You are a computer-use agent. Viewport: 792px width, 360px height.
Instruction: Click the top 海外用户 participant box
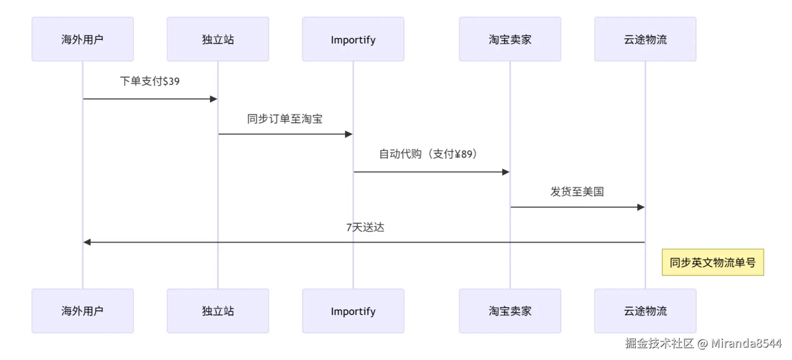pos(83,39)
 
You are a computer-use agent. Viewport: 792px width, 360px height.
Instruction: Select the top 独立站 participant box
pos(218,39)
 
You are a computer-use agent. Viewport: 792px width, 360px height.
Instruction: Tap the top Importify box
pos(353,39)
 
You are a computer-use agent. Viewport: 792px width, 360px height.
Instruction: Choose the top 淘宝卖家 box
pos(510,39)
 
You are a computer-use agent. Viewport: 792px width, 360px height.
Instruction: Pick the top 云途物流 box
pos(645,39)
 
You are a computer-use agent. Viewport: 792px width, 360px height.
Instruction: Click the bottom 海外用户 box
pos(83,311)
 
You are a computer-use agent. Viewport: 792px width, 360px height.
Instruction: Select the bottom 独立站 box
pos(218,311)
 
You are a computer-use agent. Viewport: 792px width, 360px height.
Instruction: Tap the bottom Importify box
pos(353,311)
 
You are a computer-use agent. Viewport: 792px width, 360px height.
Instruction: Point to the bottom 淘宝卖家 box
pos(510,311)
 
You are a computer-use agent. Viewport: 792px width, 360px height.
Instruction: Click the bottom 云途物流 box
pos(645,311)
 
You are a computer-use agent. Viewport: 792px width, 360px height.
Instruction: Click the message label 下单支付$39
pos(150,81)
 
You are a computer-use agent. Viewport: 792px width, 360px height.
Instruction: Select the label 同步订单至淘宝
pos(284,119)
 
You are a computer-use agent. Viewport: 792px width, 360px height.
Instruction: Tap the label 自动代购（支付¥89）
pos(428,154)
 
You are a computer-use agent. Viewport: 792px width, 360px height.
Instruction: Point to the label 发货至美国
pos(577,192)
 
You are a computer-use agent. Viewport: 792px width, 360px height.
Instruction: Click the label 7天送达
pos(365,227)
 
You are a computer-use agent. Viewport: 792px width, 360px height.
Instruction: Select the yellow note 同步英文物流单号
pos(713,262)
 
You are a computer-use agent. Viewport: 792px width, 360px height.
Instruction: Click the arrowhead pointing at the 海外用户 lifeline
pos(87,242)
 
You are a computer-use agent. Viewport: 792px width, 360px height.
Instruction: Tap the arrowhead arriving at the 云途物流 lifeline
pos(641,207)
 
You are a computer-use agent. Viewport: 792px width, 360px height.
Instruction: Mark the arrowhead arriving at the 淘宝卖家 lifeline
pos(506,172)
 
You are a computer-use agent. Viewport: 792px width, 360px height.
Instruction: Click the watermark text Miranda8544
pos(746,343)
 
